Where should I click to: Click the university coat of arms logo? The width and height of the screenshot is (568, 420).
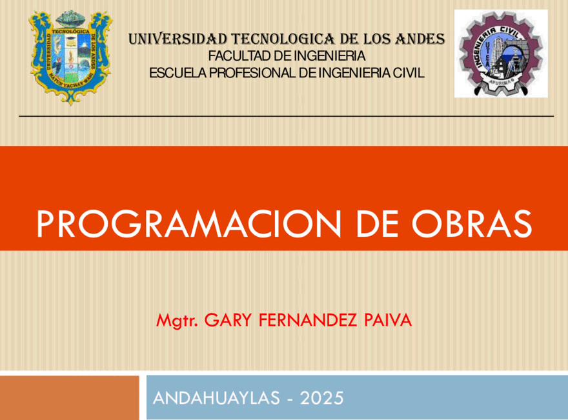click(70, 57)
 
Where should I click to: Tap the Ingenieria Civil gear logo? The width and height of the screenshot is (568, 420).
click(501, 54)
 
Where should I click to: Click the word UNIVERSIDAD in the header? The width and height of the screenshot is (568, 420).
click(178, 39)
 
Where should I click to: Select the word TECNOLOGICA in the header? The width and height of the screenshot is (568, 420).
click(283, 39)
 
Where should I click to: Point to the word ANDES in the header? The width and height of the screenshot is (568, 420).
click(420, 39)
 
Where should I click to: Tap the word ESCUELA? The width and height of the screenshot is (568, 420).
click(178, 73)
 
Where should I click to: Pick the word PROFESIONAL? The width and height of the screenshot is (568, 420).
click(253, 73)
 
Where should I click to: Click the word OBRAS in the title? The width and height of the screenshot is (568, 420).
click(472, 224)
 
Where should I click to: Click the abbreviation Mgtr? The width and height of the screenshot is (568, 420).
click(177, 321)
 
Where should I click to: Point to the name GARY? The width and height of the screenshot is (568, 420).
click(228, 320)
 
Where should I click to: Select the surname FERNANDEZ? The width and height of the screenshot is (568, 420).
click(308, 320)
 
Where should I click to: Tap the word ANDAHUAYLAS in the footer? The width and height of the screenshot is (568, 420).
click(217, 398)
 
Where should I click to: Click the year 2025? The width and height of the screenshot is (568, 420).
click(321, 398)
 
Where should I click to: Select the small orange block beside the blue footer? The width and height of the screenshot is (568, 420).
click(70, 397)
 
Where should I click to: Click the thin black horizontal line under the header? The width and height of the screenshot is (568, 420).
click(287, 116)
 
